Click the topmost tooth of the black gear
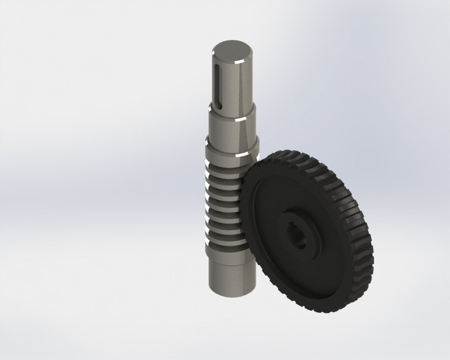coord(292,153)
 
